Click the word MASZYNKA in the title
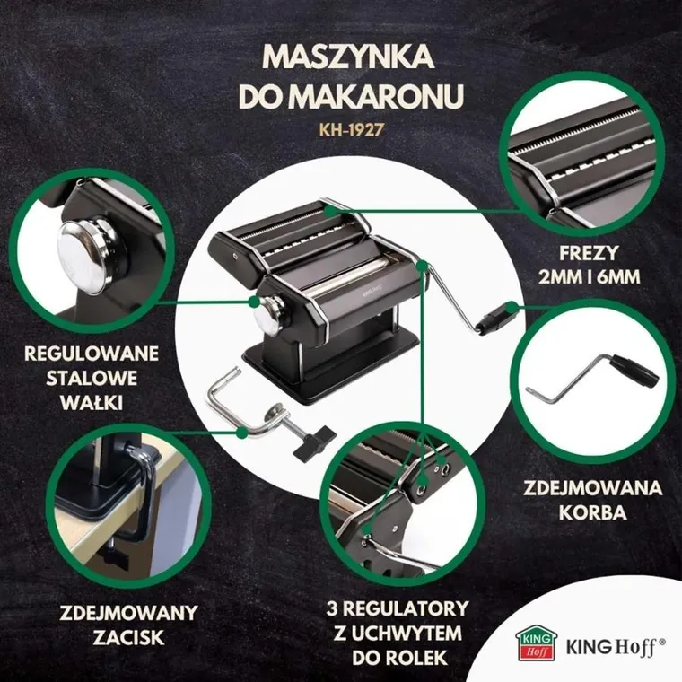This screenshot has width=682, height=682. (348, 56)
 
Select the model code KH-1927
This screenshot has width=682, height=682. (348, 128)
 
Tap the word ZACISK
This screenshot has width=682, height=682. (128, 639)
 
